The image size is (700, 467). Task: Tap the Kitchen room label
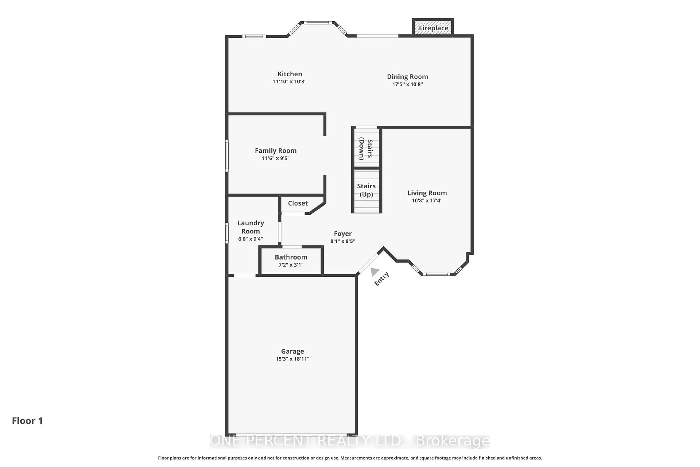[x=290, y=74]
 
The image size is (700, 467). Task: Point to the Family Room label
[x=276, y=151]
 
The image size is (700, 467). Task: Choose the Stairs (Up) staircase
[x=366, y=191]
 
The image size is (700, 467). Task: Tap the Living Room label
[x=427, y=193]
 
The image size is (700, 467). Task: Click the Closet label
[x=298, y=203]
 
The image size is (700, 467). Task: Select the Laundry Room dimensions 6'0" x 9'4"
[x=251, y=239]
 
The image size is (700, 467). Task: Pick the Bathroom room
[x=291, y=261]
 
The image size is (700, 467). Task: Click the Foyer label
[x=343, y=233]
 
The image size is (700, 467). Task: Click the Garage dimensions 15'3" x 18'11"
[x=292, y=359]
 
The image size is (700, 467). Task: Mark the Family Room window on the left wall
[x=227, y=156]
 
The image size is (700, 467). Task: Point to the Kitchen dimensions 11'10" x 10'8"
[x=290, y=82]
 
